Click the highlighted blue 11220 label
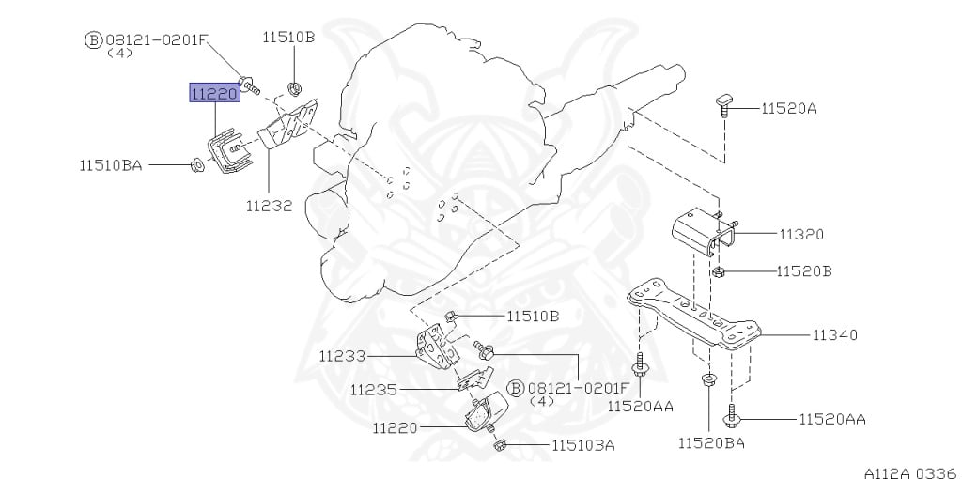pyautogui.click(x=214, y=93)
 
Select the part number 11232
pyautogui.click(x=270, y=206)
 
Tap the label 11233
pyautogui.click(x=342, y=356)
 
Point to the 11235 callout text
pyautogui.click(x=374, y=390)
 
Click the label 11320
pyautogui.click(x=801, y=234)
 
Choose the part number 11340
pyautogui.click(x=835, y=335)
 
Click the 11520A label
pyautogui.click(x=789, y=109)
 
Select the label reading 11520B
pyautogui.click(x=804, y=271)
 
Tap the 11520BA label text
pyautogui.click(x=711, y=442)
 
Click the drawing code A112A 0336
pyautogui.click(x=911, y=472)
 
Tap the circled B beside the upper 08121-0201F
pyautogui.click(x=93, y=40)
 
